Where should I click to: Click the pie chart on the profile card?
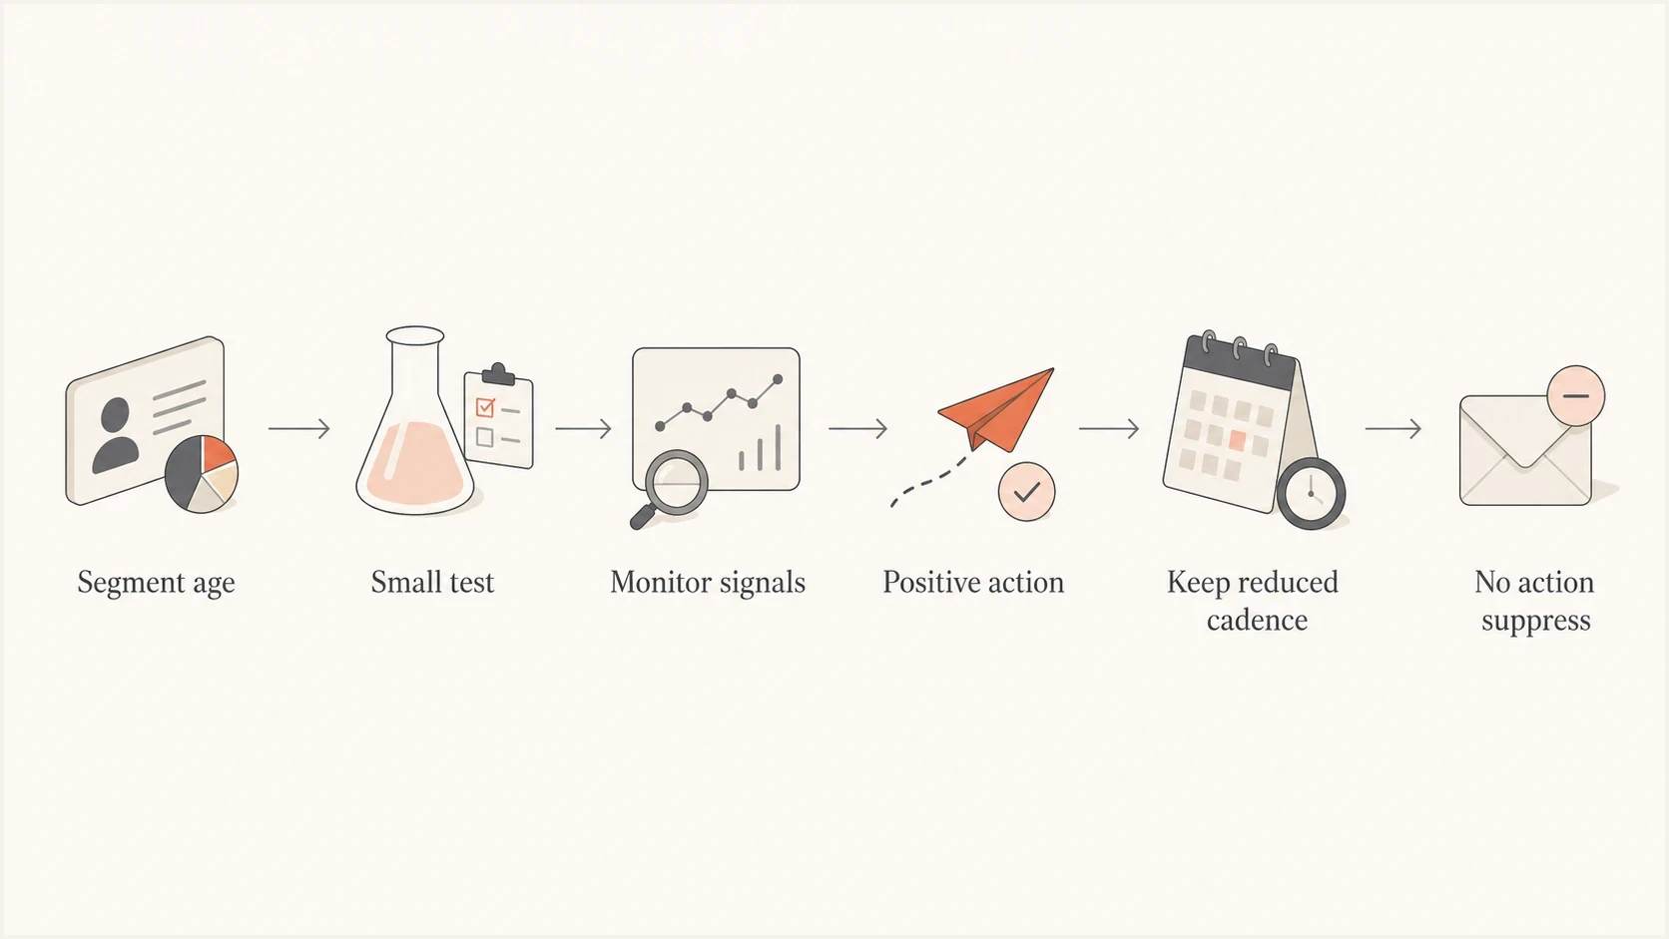click(x=202, y=474)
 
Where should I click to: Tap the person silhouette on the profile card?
click(x=116, y=436)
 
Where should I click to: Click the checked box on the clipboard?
click(x=485, y=407)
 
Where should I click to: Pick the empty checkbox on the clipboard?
click(x=484, y=437)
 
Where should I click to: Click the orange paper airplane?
click(x=996, y=409)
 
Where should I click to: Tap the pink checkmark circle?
click(x=1027, y=492)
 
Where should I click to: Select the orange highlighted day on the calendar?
click(x=1238, y=440)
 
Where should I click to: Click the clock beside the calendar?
click(x=1312, y=494)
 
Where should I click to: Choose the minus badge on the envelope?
click(x=1576, y=395)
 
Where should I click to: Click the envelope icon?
click(x=1525, y=450)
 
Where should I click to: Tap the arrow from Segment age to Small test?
click(x=298, y=428)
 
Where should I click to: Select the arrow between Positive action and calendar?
click(x=1109, y=428)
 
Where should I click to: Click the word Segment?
click(x=131, y=583)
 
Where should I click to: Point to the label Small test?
click(x=432, y=583)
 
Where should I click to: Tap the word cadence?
click(x=1257, y=621)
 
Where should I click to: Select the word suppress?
click(x=1535, y=622)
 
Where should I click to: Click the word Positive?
click(x=926, y=583)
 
